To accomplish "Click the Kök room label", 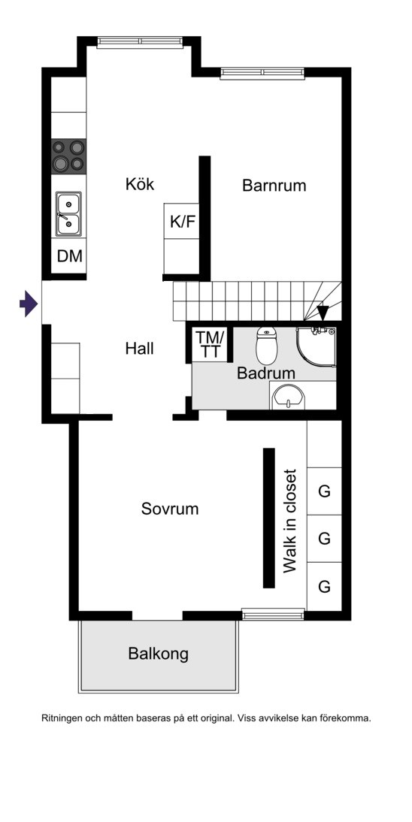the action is (140, 185).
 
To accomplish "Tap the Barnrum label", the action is (274, 186).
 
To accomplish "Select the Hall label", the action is (140, 348).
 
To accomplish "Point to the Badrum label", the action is (265, 373).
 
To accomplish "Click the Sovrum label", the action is (170, 509).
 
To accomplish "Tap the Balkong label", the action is (158, 654).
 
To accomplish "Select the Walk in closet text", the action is (289, 521).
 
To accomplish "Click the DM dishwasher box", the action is (69, 255).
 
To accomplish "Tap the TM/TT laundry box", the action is (210, 344).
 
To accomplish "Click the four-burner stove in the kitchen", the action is (68, 156).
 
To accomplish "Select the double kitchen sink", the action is (68, 213).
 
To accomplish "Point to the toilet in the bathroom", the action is (266, 346).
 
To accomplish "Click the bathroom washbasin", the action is (288, 396).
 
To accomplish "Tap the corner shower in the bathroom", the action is (316, 347).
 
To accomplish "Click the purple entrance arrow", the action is (29, 304).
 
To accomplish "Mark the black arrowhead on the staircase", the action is (323, 313).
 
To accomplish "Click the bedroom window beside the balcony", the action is (273, 614).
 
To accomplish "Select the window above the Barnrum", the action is (262, 74).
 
